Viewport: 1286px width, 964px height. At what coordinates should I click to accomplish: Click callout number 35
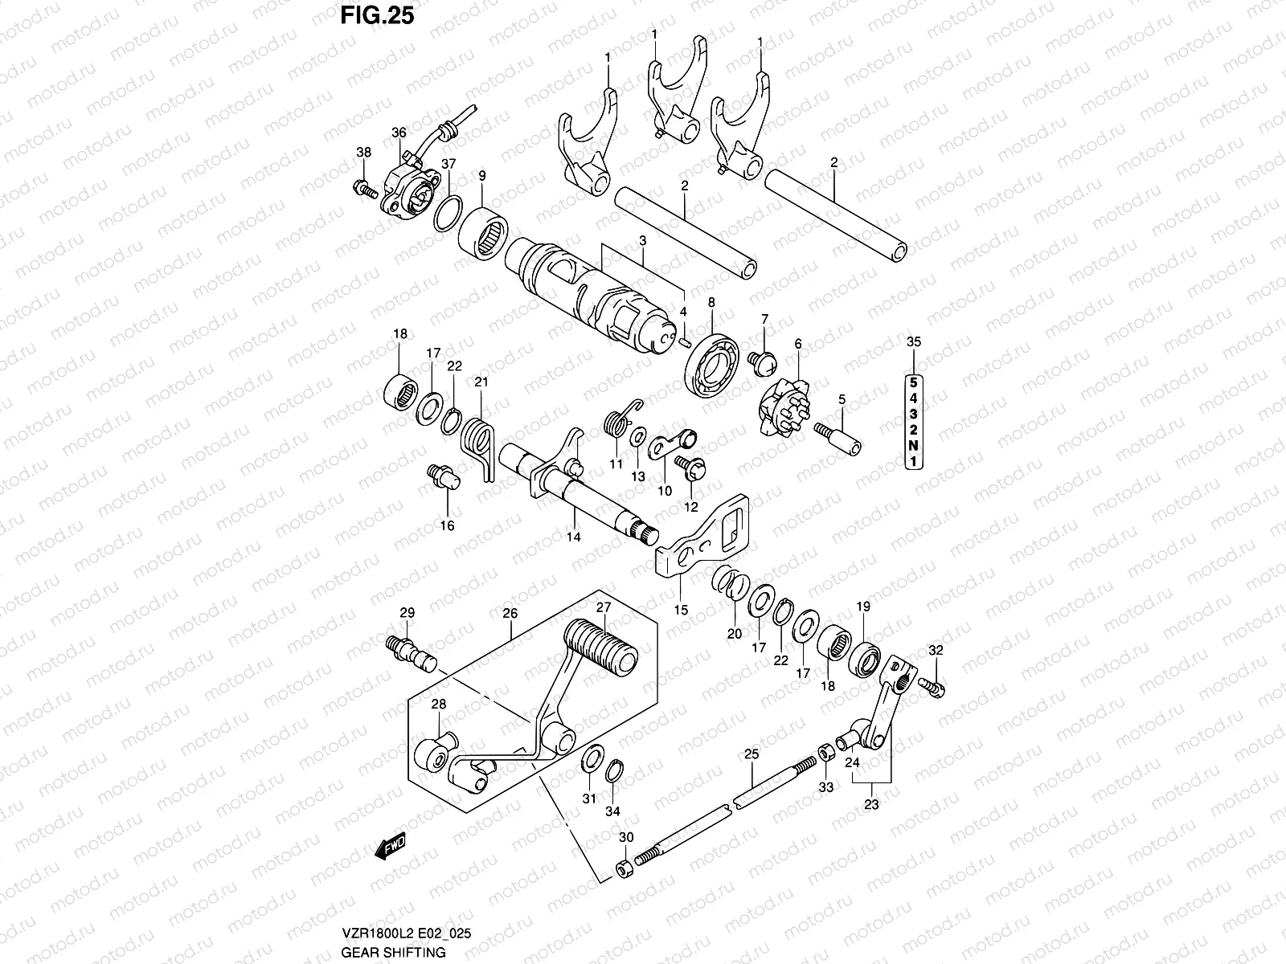(914, 342)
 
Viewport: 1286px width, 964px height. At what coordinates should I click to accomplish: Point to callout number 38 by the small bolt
(363, 153)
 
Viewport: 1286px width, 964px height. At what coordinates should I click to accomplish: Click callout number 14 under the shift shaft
(573, 537)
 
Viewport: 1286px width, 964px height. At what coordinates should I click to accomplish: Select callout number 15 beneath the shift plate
(681, 610)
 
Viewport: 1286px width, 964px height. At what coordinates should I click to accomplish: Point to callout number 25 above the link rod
(752, 754)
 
